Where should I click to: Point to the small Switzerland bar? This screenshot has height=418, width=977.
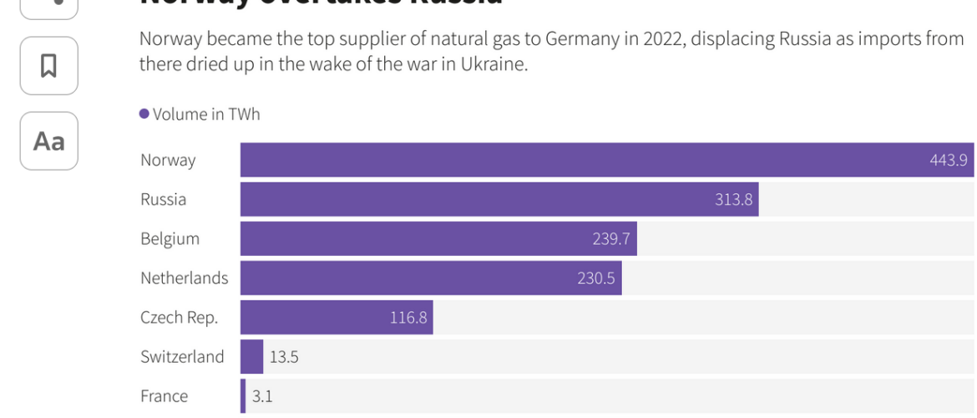point(251,357)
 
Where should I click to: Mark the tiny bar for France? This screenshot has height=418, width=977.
point(243,396)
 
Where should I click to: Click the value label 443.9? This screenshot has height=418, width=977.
point(949,160)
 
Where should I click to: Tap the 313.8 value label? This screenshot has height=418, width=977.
point(733,199)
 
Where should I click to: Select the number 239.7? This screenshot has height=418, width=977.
point(611,238)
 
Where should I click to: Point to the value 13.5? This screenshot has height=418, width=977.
point(284,357)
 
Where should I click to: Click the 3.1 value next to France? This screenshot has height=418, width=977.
point(262,396)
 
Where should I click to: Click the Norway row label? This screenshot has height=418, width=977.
point(168,160)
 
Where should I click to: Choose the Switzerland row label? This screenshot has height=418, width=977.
point(182,357)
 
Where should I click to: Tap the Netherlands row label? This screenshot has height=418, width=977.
point(184,278)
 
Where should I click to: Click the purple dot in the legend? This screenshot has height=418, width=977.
point(144,114)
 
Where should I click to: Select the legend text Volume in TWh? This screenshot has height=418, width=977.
point(206,114)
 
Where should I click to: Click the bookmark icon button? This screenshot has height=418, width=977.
point(48,65)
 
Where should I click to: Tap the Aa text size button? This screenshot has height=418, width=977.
point(48,140)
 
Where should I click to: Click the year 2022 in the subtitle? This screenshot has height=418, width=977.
point(663,38)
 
